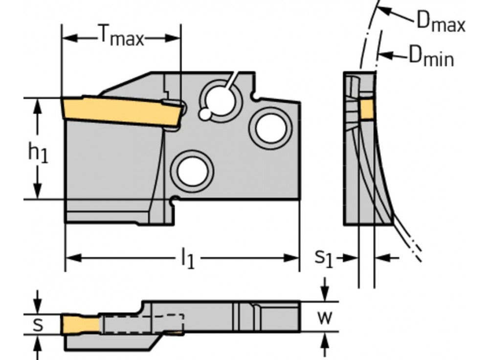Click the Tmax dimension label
(x=122, y=37)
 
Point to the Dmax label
(x=440, y=23)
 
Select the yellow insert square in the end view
(x=367, y=109)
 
